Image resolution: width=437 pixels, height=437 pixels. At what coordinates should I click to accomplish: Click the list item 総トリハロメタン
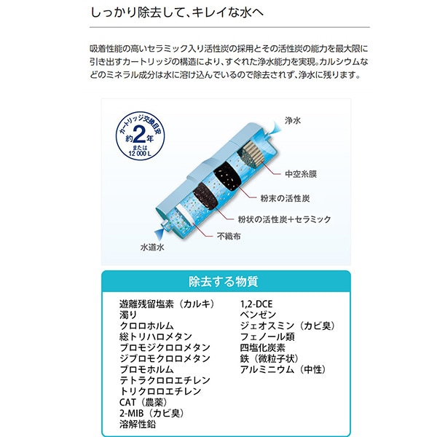(156, 336)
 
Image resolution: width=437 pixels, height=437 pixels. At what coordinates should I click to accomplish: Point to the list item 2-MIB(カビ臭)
(151, 413)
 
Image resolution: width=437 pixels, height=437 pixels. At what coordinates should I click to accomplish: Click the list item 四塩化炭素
(262, 347)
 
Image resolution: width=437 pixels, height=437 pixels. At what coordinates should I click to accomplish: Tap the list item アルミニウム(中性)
(282, 369)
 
